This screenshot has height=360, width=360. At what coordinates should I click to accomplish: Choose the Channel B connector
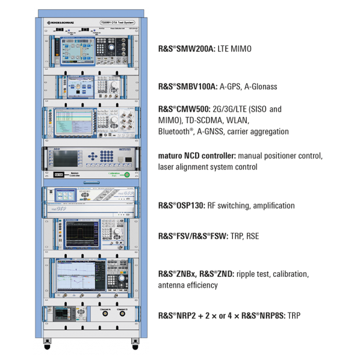(122, 314)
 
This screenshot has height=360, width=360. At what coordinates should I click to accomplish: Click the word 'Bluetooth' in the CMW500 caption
(171, 132)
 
